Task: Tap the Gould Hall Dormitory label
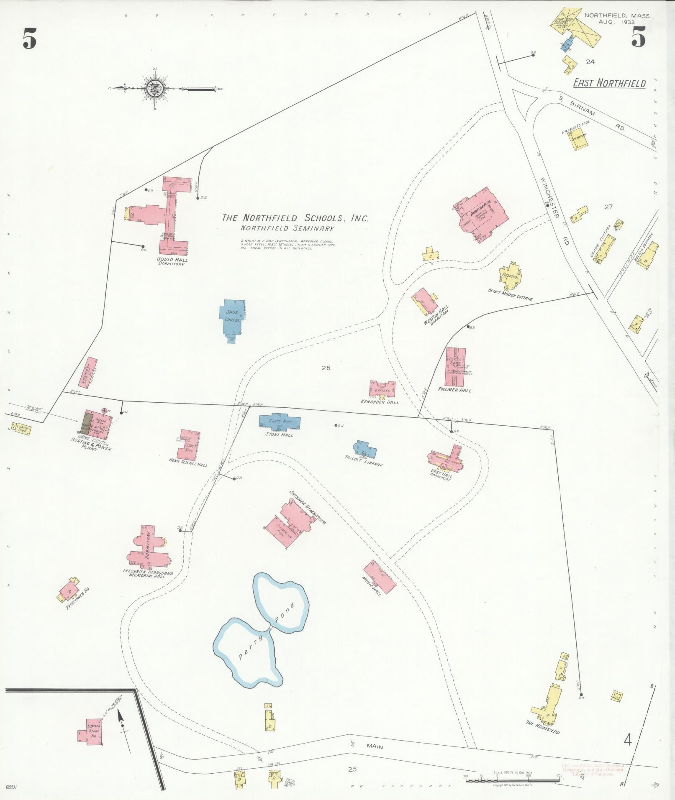(x=172, y=262)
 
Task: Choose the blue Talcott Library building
(x=365, y=450)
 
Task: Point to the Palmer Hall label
(x=454, y=390)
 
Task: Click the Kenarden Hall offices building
(x=382, y=388)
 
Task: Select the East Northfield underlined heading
(x=609, y=83)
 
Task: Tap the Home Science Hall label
(x=188, y=465)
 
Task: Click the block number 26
(x=326, y=368)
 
